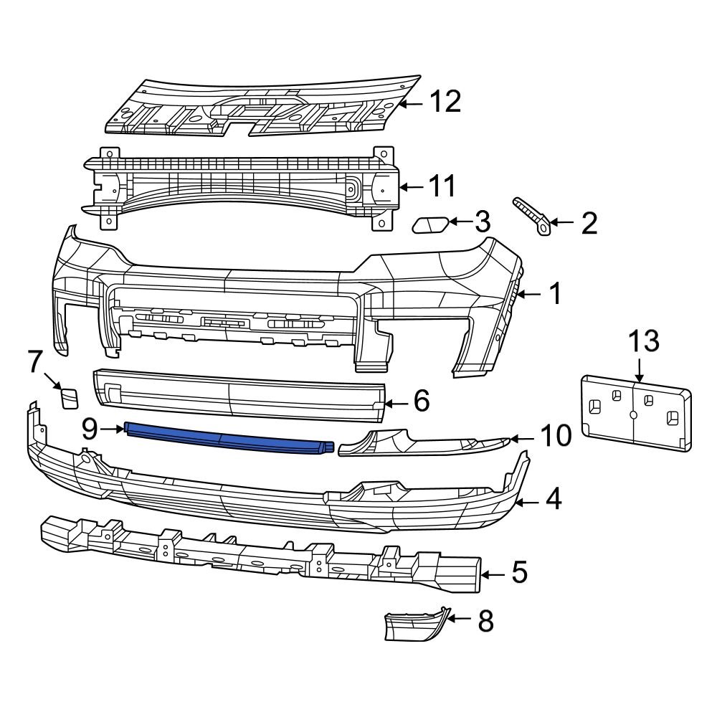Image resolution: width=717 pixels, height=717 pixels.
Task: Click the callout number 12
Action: point(445,102)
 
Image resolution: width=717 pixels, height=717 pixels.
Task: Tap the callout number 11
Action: point(442,187)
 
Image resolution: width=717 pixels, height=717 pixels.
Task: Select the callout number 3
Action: point(483,222)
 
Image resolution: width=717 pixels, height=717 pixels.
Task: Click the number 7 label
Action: point(36,361)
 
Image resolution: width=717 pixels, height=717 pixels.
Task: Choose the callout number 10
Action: point(555,435)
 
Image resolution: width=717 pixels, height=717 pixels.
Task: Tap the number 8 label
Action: point(485,621)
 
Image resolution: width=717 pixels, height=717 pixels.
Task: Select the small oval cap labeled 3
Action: point(430,226)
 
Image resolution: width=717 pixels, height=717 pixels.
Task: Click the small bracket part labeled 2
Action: point(532,215)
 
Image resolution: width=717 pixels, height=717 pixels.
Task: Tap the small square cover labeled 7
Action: point(70,397)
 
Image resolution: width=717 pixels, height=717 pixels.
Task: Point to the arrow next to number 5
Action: point(493,574)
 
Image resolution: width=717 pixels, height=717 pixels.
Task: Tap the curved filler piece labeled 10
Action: point(423,442)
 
